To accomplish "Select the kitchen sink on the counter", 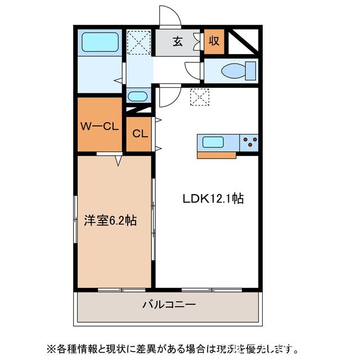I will [x=217, y=142].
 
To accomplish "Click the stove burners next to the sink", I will [x=249, y=142].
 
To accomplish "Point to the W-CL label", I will [x=99, y=126].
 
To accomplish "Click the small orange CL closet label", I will [x=139, y=134].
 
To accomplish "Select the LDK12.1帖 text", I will [x=213, y=198].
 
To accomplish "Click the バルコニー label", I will [x=169, y=305].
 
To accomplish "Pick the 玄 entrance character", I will [x=177, y=41].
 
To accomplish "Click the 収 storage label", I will [x=214, y=41].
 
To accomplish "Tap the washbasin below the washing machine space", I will [x=137, y=96].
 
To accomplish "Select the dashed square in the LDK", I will [x=200, y=97].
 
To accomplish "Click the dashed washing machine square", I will [x=137, y=42].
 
